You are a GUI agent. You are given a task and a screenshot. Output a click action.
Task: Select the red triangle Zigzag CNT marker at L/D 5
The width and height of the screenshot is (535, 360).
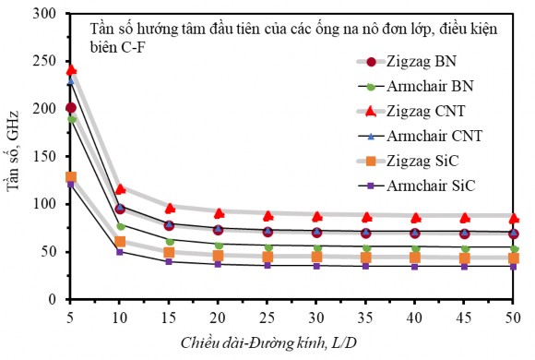[71, 70]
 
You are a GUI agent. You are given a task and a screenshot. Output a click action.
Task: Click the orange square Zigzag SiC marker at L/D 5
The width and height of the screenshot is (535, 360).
[71, 176]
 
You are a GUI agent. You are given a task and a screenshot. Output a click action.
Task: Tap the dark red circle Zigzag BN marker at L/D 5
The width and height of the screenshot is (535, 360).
[71, 108]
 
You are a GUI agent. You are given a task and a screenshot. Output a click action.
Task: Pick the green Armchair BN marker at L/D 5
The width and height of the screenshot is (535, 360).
[71, 119]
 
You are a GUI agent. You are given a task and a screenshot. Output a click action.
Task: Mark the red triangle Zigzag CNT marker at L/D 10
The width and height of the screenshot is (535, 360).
[120, 189]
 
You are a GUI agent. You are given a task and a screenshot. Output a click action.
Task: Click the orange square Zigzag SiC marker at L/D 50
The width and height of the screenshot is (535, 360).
[514, 258]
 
